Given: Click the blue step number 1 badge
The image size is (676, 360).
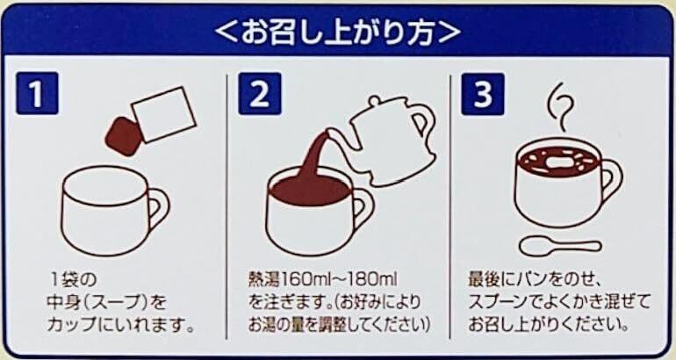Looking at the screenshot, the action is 37,93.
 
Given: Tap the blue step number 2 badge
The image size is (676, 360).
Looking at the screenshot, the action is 260,93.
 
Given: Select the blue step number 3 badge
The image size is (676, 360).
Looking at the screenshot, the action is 483,94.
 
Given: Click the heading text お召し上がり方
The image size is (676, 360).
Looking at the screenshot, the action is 338,32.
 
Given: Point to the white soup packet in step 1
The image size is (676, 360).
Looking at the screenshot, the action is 164,114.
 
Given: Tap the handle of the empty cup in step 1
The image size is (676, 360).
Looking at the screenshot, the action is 157,210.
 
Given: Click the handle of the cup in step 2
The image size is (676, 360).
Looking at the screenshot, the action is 363,208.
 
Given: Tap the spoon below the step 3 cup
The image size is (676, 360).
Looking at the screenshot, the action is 559,246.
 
